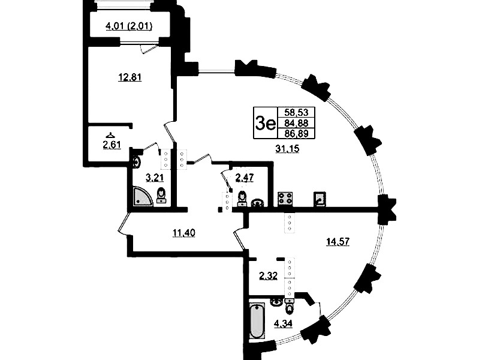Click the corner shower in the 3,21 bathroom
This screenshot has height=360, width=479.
pos(141,195)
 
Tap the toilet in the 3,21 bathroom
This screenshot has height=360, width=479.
pos(161,196)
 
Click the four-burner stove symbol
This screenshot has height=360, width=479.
pos(284,199)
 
